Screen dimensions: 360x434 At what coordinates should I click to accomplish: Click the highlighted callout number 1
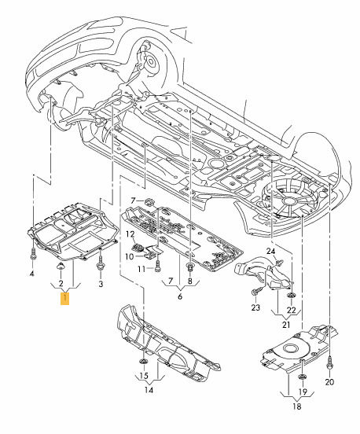pos(64,299)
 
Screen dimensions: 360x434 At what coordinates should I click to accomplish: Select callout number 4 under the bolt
pos(31,274)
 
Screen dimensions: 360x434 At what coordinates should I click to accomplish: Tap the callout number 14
pos(149,390)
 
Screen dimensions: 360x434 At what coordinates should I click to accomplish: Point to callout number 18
pos(296,406)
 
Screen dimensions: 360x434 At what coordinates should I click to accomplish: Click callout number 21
pos(286,325)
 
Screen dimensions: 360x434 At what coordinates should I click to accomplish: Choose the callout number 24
pos(271,251)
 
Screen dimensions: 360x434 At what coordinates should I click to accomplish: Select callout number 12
pos(130,234)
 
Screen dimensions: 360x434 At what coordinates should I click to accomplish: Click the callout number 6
pos(180,296)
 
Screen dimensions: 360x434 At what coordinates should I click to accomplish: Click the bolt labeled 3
pos(100,263)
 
